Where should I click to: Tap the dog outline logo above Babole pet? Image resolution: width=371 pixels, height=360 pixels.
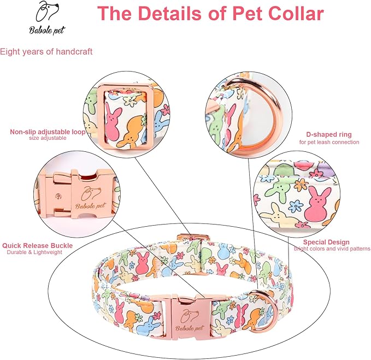pyautogui.click(x=47, y=11)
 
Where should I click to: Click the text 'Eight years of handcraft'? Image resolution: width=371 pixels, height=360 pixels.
pyautogui.click(x=46, y=51)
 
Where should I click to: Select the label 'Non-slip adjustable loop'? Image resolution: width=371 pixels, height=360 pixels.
pyautogui.click(x=48, y=132)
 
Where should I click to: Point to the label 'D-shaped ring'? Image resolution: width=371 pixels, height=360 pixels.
pyautogui.click(x=329, y=134)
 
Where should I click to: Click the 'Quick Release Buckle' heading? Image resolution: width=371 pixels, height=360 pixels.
pyautogui.click(x=37, y=245)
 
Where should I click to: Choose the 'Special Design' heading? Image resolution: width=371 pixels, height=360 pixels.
pyautogui.click(x=326, y=242)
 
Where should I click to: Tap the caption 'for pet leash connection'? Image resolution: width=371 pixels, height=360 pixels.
pyautogui.click(x=329, y=142)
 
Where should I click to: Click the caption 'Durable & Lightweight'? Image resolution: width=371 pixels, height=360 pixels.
pyautogui.click(x=34, y=252)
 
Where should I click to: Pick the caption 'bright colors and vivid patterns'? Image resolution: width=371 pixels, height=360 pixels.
pyautogui.click(x=332, y=249)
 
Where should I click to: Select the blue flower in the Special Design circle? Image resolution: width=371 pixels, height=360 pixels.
pyautogui.click(x=296, y=206)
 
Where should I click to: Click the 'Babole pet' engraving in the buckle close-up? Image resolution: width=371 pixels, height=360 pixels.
pyautogui.click(x=91, y=206)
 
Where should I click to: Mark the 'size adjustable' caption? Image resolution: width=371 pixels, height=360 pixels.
pyautogui.click(x=48, y=138)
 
